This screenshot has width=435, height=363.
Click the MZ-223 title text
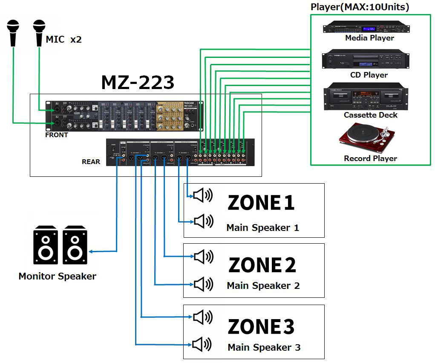[x=137, y=82]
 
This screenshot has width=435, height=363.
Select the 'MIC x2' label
[x=63, y=40]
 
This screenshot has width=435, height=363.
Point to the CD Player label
[x=369, y=75]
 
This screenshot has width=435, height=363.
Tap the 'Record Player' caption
[x=370, y=158]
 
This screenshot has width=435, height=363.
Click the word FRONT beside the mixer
[x=57, y=135]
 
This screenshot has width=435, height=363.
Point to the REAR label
[x=91, y=162]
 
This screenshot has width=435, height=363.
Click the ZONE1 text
[x=261, y=202]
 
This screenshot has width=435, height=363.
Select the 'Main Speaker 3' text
[x=264, y=347]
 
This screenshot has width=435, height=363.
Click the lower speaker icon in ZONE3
[x=202, y=344]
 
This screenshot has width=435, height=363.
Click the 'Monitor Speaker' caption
[x=57, y=276]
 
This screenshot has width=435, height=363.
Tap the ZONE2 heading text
[x=262, y=265]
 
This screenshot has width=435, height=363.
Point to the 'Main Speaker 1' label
[x=262, y=228]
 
